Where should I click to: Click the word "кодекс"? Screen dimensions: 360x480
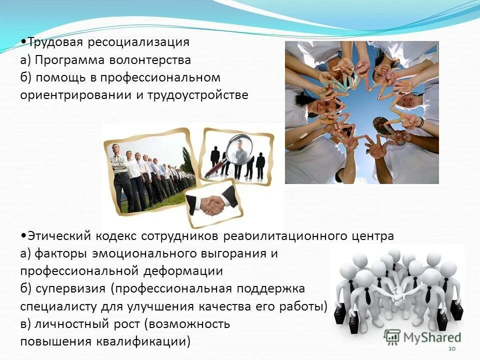(x=115, y=235)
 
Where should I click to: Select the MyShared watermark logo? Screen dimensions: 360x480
(x=423, y=336)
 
